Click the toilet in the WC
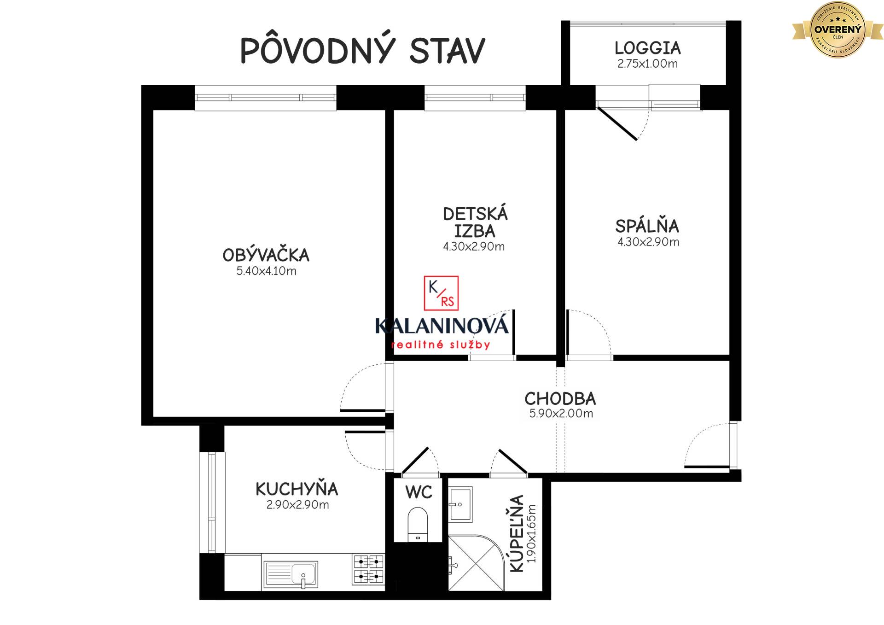pos(418,524)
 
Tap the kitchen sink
pos(290,574)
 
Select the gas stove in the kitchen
pos(368,569)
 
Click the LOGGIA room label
pos(647,48)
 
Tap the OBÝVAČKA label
pos(266,255)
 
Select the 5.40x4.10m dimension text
pos(266,271)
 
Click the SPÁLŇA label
pos(647,226)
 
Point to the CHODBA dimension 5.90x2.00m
pos(561,414)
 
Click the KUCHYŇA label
pos(297,489)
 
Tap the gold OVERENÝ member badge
pos(837,30)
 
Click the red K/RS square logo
pos(441,293)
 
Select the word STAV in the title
pos(447,50)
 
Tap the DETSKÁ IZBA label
pos(475,222)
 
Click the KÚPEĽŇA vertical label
pos(518,533)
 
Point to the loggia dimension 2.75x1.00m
pos(647,64)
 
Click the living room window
pos(265,98)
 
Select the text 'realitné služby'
pos(441,345)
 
